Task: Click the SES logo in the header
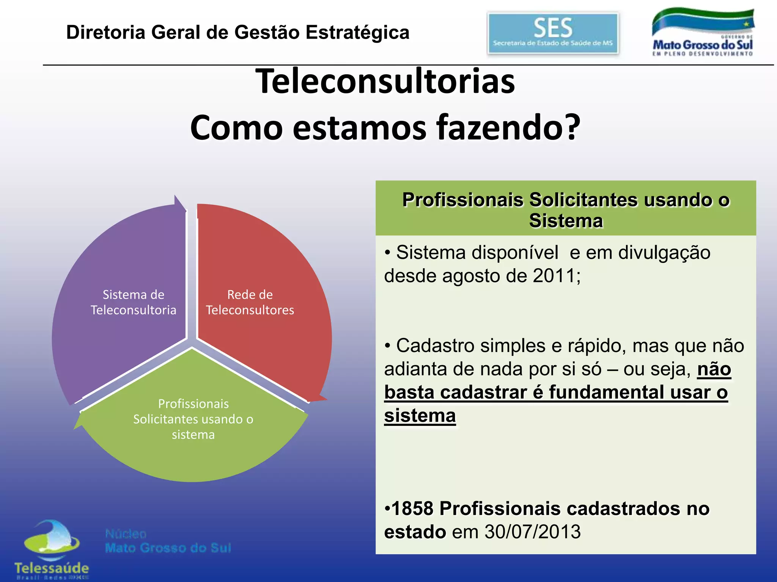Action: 553,33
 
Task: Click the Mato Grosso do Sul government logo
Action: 703,33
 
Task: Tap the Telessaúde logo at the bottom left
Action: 52,549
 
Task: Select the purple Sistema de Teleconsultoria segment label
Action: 133,302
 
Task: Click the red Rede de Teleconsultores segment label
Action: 250,302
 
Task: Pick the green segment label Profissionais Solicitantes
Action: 193,419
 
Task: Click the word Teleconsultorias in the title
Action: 385,81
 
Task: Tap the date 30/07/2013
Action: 533,532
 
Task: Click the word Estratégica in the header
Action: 358,32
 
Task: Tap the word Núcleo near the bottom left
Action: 126,534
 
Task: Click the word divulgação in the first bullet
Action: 664,252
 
